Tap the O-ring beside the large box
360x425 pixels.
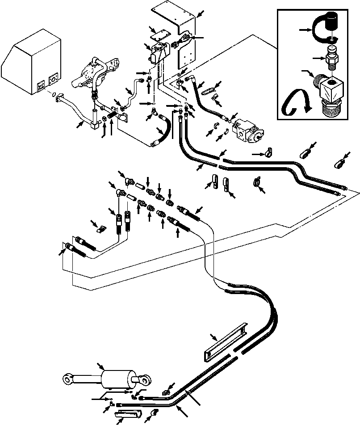click(x=54, y=95)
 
